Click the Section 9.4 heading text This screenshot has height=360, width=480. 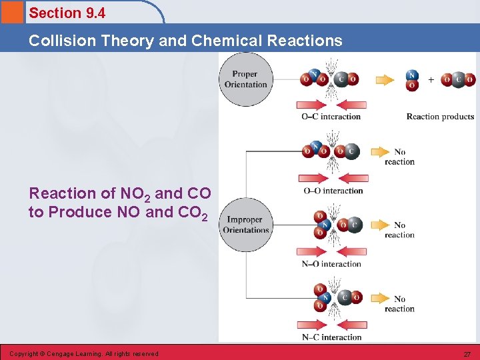pyautogui.click(x=67, y=13)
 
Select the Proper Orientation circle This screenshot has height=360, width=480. pyautogui.click(x=245, y=80)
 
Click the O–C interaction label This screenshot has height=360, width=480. pyautogui.click(x=331, y=117)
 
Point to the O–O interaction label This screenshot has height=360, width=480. pyautogui.click(x=333, y=191)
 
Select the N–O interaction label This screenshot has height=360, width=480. pyautogui.click(x=331, y=264)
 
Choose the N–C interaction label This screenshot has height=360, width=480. pyautogui.click(x=331, y=337)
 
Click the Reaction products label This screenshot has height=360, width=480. pyautogui.click(x=440, y=117)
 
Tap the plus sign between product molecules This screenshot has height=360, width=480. pyautogui.click(x=431, y=80)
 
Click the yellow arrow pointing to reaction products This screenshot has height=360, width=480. pyautogui.click(x=385, y=80)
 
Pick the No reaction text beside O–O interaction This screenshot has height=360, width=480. pyautogui.click(x=399, y=157)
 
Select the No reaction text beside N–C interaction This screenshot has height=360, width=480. pyautogui.click(x=399, y=304)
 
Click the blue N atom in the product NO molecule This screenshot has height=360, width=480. pyautogui.click(x=412, y=75)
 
